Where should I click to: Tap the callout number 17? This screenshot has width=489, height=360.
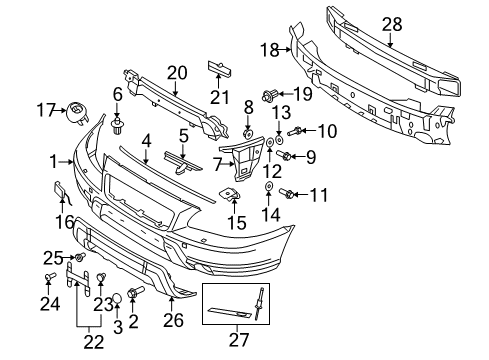click(45, 109)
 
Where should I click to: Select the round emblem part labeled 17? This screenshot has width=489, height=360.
click(74, 110)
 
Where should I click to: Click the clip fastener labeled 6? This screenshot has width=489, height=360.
click(119, 124)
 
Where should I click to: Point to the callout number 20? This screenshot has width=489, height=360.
click(177, 72)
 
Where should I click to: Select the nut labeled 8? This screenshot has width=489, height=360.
click(248, 132)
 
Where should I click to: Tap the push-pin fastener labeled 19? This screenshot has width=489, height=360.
click(269, 96)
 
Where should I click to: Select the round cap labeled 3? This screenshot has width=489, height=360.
click(115, 297)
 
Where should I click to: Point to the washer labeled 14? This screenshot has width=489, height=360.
click(269, 187)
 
